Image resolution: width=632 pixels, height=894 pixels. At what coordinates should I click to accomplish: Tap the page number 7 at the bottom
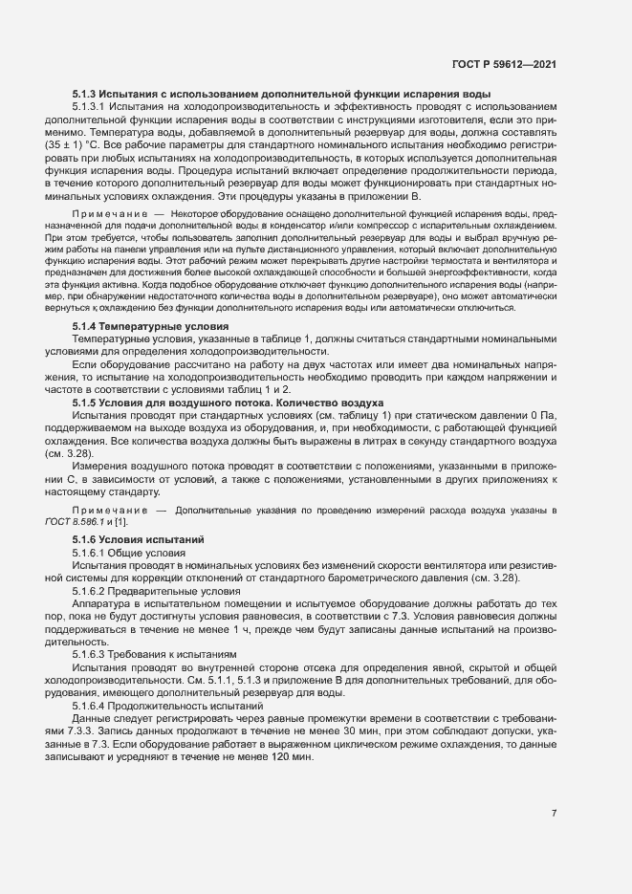click(555, 814)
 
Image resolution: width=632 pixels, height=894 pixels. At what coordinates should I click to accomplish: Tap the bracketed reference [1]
click(120, 520)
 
